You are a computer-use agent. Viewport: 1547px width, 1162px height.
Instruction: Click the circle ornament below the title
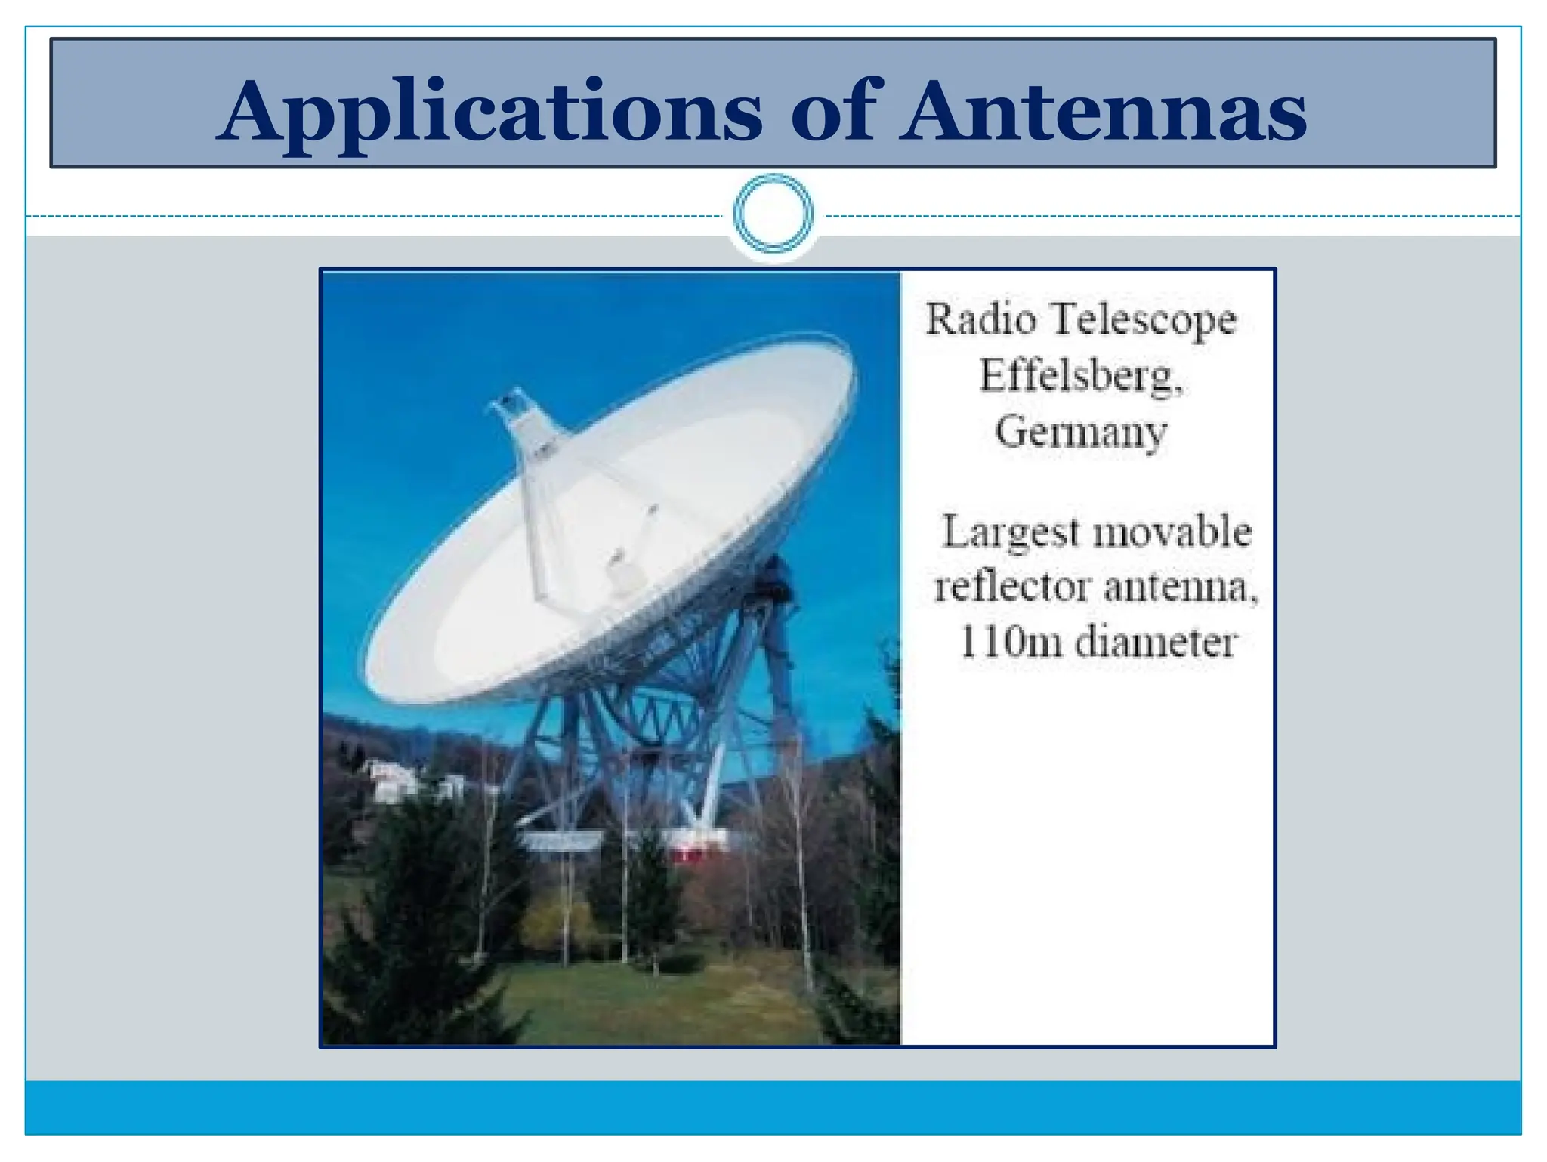773,214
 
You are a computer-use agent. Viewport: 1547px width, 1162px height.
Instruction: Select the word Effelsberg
1080,375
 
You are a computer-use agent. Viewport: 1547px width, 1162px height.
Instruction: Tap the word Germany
1080,433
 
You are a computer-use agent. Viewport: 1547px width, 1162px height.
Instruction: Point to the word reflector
1012,587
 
